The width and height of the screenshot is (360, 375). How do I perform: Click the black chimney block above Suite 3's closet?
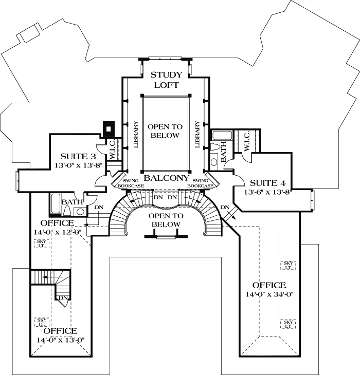click(x=109, y=127)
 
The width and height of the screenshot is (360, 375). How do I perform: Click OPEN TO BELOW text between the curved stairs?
click(x=166, y=220)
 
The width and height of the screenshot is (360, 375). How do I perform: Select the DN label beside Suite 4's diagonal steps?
click(x=225, y=207)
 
